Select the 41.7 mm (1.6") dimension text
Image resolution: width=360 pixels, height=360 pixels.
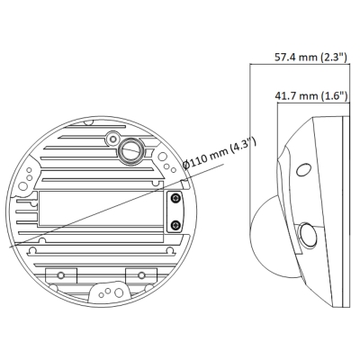pyautogui.click(x=310, y=93)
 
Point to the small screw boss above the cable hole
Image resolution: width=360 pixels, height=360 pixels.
pyautogui.click(x=112, y=137)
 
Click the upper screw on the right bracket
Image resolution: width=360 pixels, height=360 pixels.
pyautogui.click(x=176, y=197)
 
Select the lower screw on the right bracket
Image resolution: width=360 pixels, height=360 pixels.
pyautogui.click(x=176, y=224)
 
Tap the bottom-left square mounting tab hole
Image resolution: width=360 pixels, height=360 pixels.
pyautogui.click(x=61, y=274)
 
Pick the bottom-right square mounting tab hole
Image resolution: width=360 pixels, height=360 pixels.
pyautogui.click(x=142, y=274)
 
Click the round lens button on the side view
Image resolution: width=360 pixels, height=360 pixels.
pyautogui.click(x=308, y=237)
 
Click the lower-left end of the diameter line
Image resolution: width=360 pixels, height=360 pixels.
pyautogui.click(x=11, y=245)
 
